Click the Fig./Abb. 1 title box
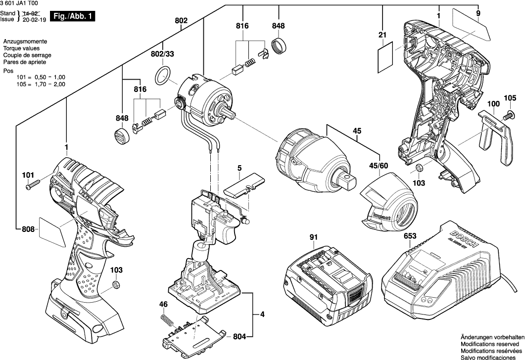tap(74, 16)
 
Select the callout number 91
tap(313, 237)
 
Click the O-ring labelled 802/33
tap(162, 76)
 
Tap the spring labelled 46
tap(166, 320)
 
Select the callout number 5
tap(239, 169)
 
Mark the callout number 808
tap(28, 229)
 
